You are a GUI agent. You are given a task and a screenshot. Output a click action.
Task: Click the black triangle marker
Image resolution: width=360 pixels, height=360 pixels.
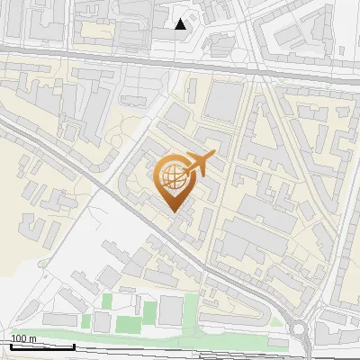(x=181, y=24)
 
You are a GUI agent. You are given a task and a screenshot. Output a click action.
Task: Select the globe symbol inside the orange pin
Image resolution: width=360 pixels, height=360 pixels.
(x=172, y=175)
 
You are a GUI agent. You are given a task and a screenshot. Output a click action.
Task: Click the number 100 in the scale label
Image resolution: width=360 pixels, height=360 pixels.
(x=18, y=338)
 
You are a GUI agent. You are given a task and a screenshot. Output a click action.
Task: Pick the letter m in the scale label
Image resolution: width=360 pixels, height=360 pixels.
(x=32, y=338)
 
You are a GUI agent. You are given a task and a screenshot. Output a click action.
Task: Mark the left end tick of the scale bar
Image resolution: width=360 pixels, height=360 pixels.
(x=11, y=346)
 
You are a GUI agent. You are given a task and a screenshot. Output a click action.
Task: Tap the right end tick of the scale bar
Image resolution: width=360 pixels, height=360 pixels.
(x=74, y=346)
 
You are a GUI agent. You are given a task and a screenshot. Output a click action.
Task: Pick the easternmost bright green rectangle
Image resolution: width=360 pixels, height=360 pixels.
(x=189, y=311)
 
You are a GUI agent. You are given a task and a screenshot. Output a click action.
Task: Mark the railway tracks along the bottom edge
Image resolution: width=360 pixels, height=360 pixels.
(x=180, y=352)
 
